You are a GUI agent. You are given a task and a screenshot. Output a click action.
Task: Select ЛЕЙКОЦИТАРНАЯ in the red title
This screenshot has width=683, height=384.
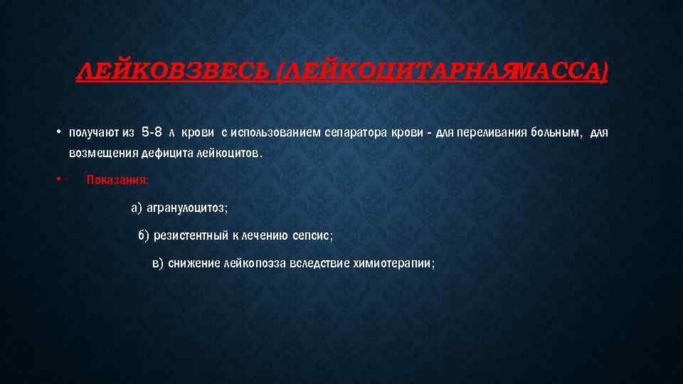(x=392, y=71)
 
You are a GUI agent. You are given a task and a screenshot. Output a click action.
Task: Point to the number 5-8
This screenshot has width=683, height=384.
(x=152, y=132)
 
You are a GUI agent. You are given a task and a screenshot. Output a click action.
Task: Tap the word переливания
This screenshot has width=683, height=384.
(x=477, y=133)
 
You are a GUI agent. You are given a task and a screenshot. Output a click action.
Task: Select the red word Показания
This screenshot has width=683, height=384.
(x=117, y=180)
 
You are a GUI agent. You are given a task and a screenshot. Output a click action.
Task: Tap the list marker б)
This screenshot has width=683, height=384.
(x=144, y=235)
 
